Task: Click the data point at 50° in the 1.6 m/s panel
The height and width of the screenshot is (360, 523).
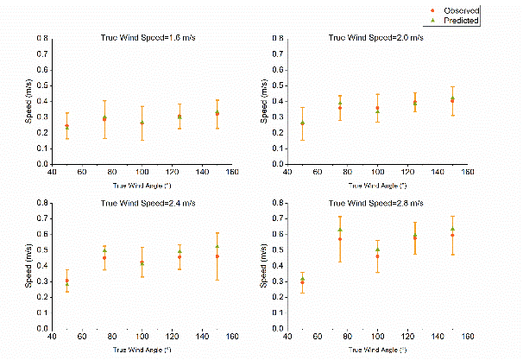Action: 67,127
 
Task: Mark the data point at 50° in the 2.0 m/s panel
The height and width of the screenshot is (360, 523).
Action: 302,123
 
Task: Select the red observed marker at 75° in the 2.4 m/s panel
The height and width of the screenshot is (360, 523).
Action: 104,257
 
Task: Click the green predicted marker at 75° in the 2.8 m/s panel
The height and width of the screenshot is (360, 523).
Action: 340,230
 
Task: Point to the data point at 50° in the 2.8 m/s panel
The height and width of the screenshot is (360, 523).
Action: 302,281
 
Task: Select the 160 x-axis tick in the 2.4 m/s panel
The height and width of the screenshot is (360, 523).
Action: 232,338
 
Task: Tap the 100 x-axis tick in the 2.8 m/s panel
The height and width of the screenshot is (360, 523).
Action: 377,338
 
